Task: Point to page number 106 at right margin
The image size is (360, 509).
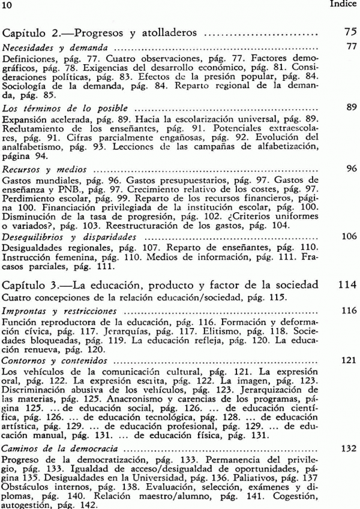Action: pos(349,236)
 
